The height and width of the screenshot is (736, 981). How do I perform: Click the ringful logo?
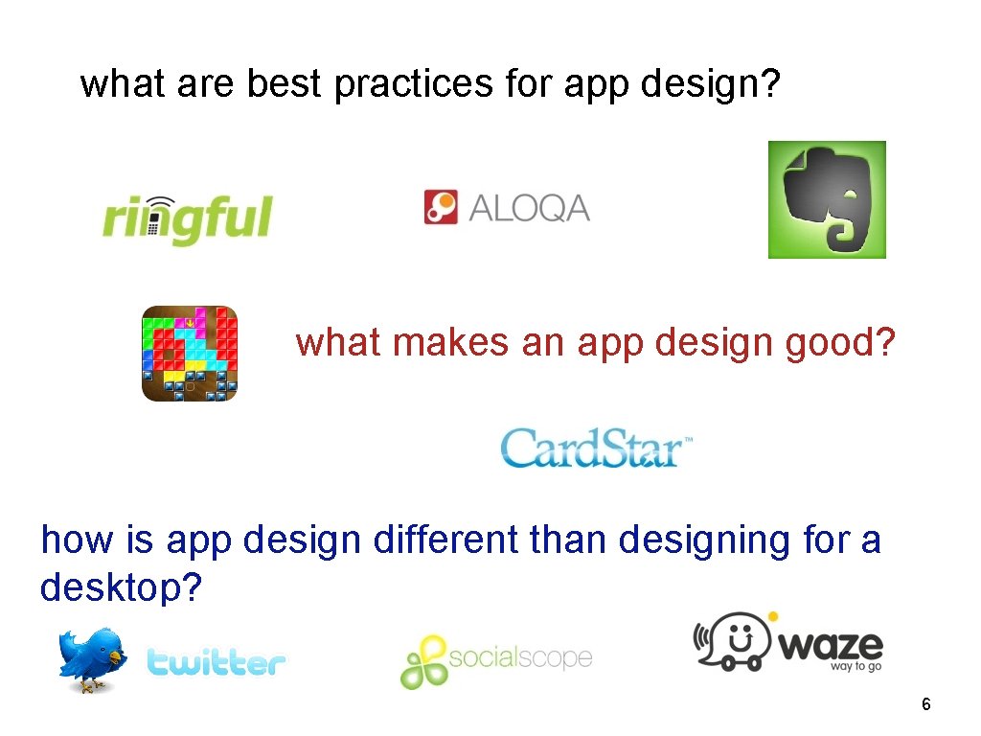[188, 218]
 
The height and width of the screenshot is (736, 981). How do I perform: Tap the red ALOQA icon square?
[442, 207]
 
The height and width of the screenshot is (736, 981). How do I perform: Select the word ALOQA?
[529, 208]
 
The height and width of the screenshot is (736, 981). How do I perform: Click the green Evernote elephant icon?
[827, 199]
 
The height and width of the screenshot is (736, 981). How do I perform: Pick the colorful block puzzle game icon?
[189, 353]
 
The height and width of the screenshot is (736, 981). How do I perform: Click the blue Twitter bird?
[91, 659]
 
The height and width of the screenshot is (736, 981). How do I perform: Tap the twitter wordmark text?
[217, 662]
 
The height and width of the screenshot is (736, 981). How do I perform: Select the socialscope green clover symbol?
[423, 661]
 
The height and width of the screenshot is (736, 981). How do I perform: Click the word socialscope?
[520, 658]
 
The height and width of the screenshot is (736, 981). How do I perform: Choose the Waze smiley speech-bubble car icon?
[733, 639]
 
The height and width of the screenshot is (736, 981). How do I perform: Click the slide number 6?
[925, 705]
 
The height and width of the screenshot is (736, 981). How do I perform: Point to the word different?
[445, 540]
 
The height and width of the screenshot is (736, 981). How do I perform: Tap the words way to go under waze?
[856, 666]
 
